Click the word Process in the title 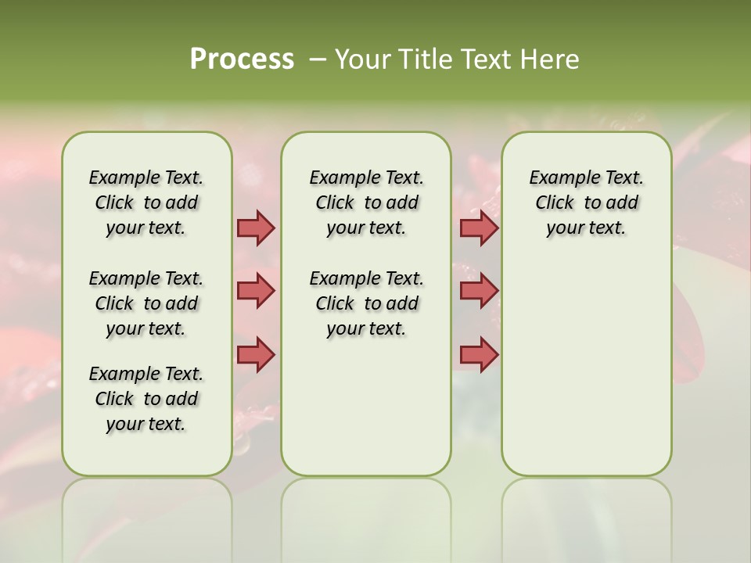pyautogui.click(x=242, y=59)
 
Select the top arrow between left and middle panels pyautogui.click(x=256, y=228)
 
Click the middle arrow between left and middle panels pyautogui.click(x=256, y=291)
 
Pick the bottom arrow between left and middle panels pyautogui.click(x=256, y=354)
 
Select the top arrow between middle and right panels pyautogui.click(x=479, y=228)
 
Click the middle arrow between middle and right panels pyautogui.click(x=479, y=291)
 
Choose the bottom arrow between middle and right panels pyautogui.click(x=479, y=354)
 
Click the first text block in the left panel pyautogui.click(x=146, y=203)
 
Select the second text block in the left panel pyautogui.click(x=146, y=303)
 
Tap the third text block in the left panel pyautogui.click(x=146, y=399)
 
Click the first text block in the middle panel pyautogui.click(x=366, y=203)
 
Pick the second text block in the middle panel pyautogui.click(x=366, y=303)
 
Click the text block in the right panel pyautogui.click(x=586, y=203)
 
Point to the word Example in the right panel pyautogui.click(x=558, y=178)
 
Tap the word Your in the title pyautogui.click(x=363, y=59)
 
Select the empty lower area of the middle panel pyautogui.click(x=366, y=407)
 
